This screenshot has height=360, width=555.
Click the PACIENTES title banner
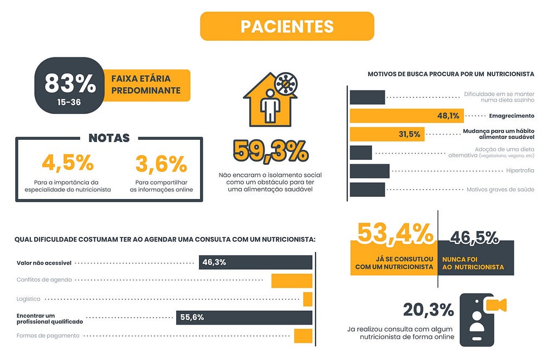point(287,26)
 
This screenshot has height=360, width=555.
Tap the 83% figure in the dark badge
point(70,83)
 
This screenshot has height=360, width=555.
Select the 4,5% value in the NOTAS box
point(68,163)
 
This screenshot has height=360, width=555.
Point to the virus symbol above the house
point(286,84)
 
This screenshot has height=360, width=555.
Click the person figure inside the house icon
point(270,106)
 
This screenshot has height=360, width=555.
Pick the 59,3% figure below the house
point(271,151)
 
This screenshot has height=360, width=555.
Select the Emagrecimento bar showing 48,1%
point(406,115)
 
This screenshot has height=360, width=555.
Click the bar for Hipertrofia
point(370,171)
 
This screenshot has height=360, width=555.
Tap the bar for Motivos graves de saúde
point(367,189)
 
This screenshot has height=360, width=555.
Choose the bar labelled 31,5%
point(387,134)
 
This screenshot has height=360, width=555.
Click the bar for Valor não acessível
point(256,262)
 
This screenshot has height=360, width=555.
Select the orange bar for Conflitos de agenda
point(292,281)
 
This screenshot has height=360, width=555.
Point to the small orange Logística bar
point(308,299)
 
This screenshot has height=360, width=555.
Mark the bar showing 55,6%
point(244,318)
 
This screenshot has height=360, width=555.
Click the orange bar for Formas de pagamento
point(304,336)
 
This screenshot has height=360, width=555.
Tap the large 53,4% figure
point(395,233)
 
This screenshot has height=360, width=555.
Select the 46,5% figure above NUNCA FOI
point(474,237)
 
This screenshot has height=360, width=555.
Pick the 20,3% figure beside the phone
point(428,310)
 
